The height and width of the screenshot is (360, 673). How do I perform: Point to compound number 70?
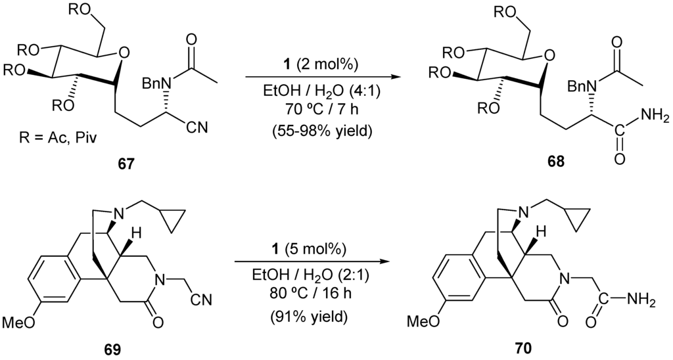click(523, 346)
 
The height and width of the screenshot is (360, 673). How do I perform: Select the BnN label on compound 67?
click(155, 84)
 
